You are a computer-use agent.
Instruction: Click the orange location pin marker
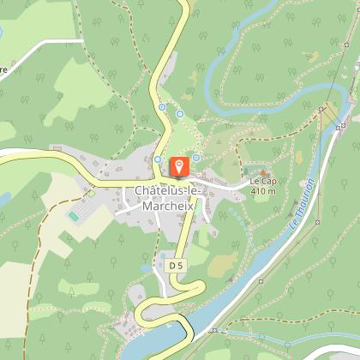[x=179, y=165]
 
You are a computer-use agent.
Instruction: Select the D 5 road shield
[x=176, y=267]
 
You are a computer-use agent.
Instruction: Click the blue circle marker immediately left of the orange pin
[x=159, y=159]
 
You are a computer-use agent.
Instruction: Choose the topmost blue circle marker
[x=161, y=107]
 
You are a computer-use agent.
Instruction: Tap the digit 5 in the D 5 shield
[x=180, y=267]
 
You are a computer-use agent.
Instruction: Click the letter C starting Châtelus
[x=138, y=190]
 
